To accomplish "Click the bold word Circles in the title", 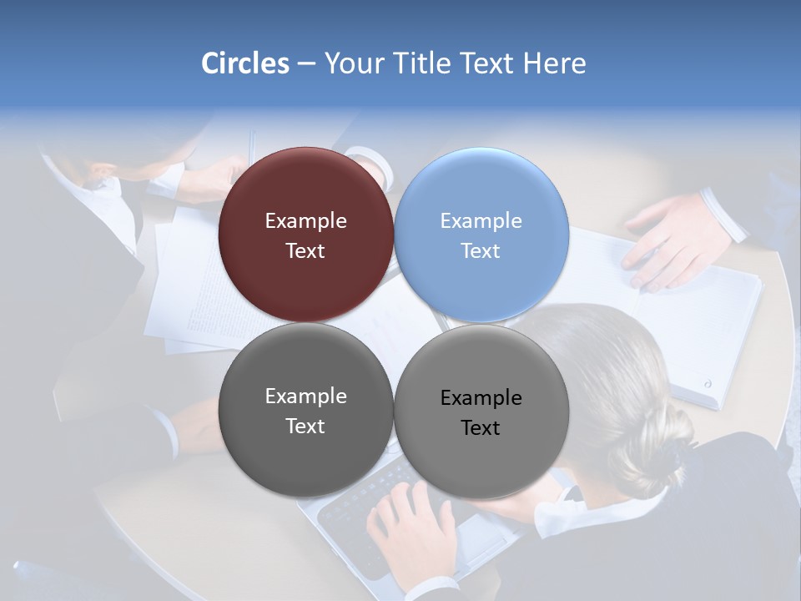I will (244, 63).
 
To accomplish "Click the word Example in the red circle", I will (305, 221).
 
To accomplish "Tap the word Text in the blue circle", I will (481, 251).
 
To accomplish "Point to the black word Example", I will (481, 398).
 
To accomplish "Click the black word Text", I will (481, 428).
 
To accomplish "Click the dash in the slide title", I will (306, 63).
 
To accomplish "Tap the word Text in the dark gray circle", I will (305, 427).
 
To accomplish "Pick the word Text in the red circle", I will (305, 251).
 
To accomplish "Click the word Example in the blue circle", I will (481, 221).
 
